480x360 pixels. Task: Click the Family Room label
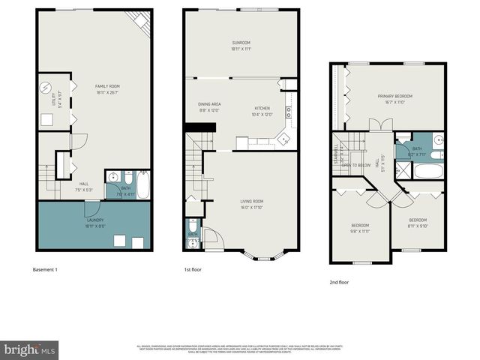[x=107, y=86]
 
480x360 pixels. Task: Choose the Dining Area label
[x=209, y=104]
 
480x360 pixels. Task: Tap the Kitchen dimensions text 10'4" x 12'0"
[x=262, y=115]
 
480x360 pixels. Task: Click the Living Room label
[x=251, y=201]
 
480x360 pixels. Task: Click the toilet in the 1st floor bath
[x=193, y=225]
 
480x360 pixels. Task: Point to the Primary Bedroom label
[x=394, y=97]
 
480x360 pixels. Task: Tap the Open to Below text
[x=356, y=165]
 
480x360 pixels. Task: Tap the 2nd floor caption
[x=340, y=283]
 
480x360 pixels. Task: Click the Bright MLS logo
[x=30, y=349]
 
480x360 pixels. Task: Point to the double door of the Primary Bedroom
[x=380, y=126]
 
